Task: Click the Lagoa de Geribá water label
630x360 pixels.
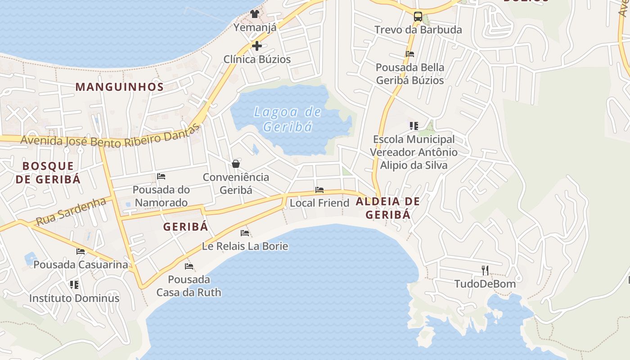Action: click(287, 119)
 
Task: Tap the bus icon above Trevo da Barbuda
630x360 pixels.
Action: click(418, 17)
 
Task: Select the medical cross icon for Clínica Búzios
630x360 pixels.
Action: click(257, 46)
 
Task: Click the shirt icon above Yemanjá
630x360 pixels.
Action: click(255, 14)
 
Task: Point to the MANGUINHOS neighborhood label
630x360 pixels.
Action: click(119, 87)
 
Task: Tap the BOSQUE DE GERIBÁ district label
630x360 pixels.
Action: click(48, 172)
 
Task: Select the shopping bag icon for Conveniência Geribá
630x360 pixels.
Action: click(236, 164)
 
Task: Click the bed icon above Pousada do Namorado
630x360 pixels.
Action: click(161, 176)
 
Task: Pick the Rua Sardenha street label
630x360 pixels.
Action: click(71, 212)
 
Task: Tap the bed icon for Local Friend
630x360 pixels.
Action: click(319, 190)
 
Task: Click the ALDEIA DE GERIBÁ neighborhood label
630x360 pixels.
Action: click(388, 208)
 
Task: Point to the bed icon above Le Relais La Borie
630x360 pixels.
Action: click(245, 233)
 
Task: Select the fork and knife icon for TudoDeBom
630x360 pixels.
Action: click(485, 270)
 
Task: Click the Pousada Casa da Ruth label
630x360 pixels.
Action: click(189, 286)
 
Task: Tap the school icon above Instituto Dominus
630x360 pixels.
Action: click(74, 284)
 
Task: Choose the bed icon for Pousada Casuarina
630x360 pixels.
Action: click(81, 251)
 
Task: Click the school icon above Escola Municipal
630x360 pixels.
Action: click(414, 126)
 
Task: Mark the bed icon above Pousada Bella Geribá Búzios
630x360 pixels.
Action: click(409, 54)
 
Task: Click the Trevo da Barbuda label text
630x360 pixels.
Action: click(418, 30)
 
